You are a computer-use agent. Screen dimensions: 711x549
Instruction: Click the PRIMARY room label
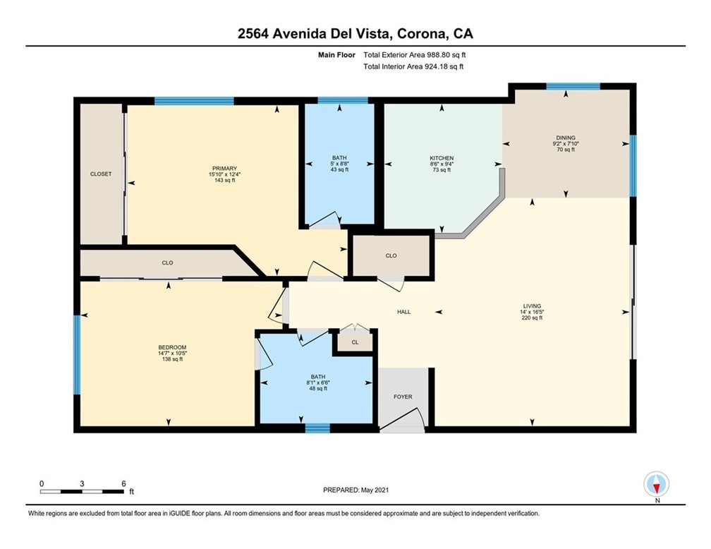tap(224, 169)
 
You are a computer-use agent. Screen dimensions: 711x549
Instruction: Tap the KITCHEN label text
tap(442, 158)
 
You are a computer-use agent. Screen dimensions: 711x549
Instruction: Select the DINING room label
tap(566, 138)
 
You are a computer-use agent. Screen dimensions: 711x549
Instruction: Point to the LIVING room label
tap(532, 306)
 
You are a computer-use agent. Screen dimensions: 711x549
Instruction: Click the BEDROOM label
tap(172, 348)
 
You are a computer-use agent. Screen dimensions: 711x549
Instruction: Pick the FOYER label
tap(403, 397)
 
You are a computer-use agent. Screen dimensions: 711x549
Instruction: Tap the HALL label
tap(404, 312)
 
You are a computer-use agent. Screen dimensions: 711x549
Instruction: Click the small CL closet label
tap(355, 342)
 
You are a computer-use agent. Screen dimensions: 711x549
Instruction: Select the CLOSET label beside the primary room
tap(101, 174)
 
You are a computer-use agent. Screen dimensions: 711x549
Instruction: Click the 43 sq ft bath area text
tap(339, 169)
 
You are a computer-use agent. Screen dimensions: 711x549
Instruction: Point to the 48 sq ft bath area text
tap(318, 388)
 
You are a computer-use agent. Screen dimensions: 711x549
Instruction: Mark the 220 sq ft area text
tap(532, 318)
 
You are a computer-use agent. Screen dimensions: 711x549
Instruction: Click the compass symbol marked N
tap(656, 485)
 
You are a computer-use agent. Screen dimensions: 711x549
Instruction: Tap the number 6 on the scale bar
tap(124, 483)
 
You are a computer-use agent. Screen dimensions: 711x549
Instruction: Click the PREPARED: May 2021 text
tap(355, 490)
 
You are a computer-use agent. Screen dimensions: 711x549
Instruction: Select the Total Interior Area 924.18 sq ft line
tap(413, 67)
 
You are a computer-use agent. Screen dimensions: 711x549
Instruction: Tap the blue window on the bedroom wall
tap(77, 355)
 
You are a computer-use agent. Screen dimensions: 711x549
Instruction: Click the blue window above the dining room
tap(573, 86)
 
